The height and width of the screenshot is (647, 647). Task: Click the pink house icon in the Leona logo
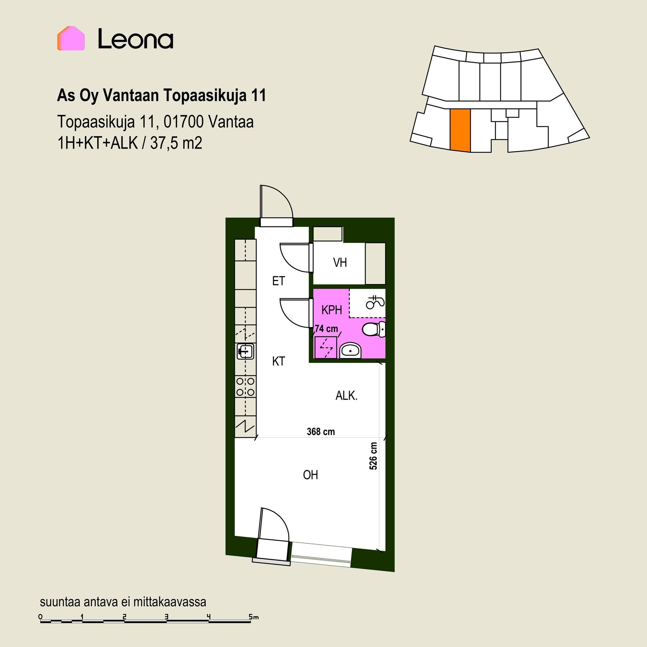tap(71, 38)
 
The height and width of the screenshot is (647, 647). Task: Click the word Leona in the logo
tap(135, 39)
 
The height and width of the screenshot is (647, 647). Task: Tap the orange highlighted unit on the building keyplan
tap(460, 130)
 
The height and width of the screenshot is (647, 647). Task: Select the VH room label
tap(340, 263)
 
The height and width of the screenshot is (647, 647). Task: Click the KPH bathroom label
tap(332, 310)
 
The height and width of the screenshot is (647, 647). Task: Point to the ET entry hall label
tap(279, 281)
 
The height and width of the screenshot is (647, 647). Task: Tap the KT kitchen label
tap(279, 362)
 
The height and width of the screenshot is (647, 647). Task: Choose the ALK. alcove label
tap(346, 396)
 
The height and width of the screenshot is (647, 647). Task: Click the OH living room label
tap(310, 475)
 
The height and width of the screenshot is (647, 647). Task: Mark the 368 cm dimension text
tap(321, 432)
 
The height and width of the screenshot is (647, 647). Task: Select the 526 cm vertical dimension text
tap(373, 456)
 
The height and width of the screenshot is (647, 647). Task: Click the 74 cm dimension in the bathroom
tap(327, 329)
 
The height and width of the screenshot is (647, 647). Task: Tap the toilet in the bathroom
tap(374, 329)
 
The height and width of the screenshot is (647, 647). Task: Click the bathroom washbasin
tap(350, 351)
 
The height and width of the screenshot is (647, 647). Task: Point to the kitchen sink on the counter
tap(245, 351)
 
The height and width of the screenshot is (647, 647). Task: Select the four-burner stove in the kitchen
tap(245, 387)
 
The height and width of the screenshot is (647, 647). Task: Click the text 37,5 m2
tap(176, 143)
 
